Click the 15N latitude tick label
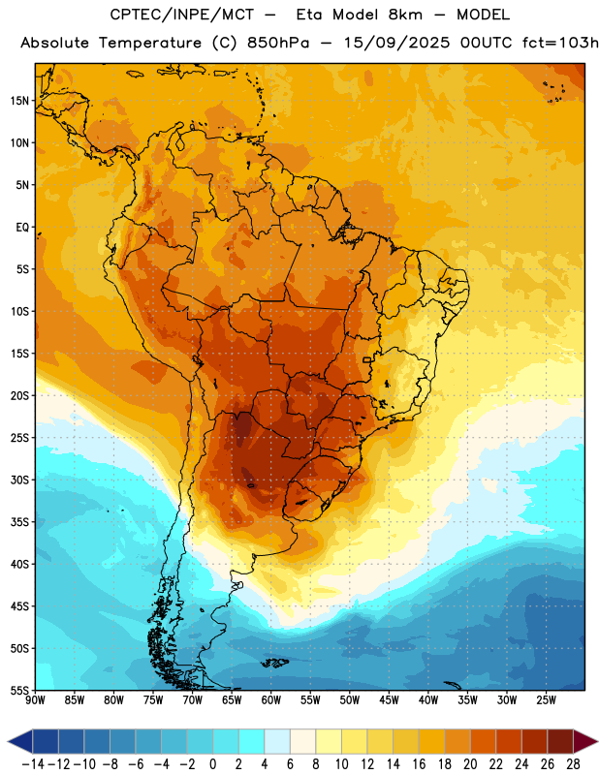click(x=19, y=101)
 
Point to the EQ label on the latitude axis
click(x=22, y=228)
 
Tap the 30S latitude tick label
click(x=19, y=480)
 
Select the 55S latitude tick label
click(x=19, y=690)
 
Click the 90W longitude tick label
click(x=35, y=699)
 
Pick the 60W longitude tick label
click(x=271, y=699)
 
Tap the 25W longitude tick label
click(x=546, y=699)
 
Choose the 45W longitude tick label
click(x=389, y=699)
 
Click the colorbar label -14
click(x=33, y=764)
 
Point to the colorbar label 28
click(x=573, y=764)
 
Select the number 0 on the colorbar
click(x=212, y=764)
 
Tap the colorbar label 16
click(x=419, y=764)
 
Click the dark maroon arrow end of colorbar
click(x=585, y=741)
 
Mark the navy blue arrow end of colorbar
click(x=20, y=741)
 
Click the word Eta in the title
click(x=309, y=15)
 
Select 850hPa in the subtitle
click(x=278, y=43)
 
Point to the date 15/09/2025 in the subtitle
click(x=396, y=43)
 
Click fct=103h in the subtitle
click(x=560, y=43)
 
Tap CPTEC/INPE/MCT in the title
click(x=181, y=15)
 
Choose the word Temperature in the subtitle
click(x=150, y=44)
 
